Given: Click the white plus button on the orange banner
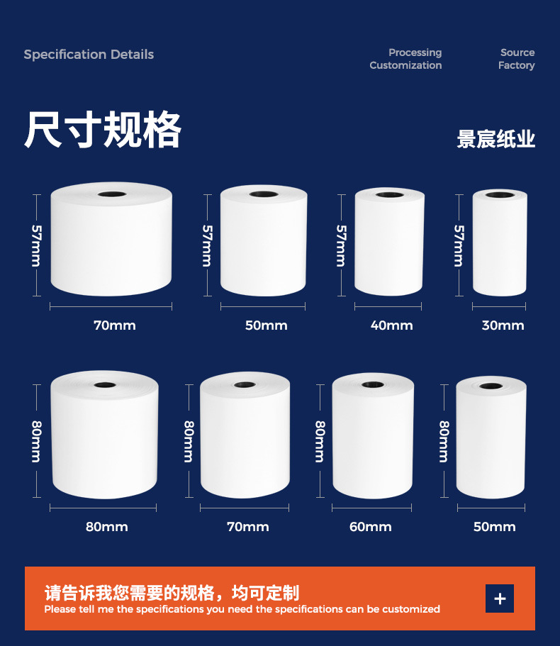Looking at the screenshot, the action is (x=500, y=598).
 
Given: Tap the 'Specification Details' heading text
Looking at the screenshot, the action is (x=89, y=55).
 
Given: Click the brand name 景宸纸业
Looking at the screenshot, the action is (x=495, y=139).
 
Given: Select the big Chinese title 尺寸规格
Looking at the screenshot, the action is (x=103, y=129).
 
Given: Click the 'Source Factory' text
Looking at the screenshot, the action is (x=516, y=59).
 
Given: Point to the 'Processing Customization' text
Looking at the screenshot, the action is (x=405, y=59).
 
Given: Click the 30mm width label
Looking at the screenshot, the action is (x=503, y=325).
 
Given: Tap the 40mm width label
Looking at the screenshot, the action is (x=391, y=325).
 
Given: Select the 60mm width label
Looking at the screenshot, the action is (x=370, y=527).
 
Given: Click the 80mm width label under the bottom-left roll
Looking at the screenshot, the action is (x=106, y=527).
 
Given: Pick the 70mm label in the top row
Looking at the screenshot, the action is (x=114, y=325).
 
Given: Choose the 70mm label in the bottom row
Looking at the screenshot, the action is (x=248, y=527).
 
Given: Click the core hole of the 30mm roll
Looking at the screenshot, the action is (x=500, y=195).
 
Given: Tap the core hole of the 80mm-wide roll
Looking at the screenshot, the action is (x=105, y=385).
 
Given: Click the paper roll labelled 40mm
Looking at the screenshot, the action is (x=389, y=242).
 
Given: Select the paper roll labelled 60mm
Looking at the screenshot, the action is (x=373, y=436).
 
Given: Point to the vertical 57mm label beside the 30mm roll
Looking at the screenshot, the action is (x=459, y=245).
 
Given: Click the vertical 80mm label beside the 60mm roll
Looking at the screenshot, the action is (x=320, y=442).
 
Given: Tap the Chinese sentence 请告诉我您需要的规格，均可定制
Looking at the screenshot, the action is (x=172, y=593).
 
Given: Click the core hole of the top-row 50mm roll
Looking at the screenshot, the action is (x=264, y=194).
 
